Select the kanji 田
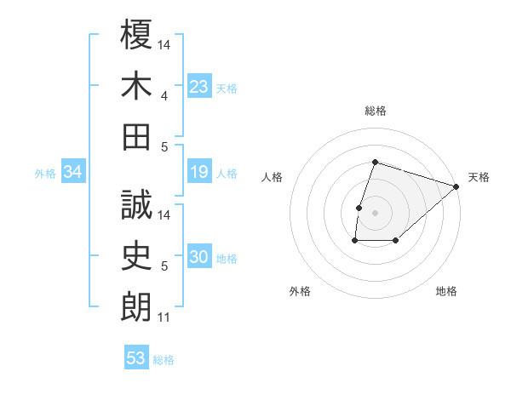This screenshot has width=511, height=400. [x=137, y=136]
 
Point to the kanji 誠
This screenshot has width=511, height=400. [x=137, y=205]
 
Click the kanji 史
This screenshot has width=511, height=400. [x=137, y=256]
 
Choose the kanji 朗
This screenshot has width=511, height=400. [x=137, y=307]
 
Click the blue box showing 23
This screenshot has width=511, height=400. [x=199, y=87]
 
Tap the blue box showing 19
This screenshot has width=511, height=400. [x=199, y=173]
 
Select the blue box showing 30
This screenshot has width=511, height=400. [x=199, y=258]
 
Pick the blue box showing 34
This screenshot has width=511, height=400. [x=73, y=173]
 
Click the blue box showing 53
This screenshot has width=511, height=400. [x=136, y=358]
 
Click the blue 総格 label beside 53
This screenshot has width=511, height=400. [x=164, y=360]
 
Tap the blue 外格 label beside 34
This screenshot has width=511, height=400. [x=45, y=174]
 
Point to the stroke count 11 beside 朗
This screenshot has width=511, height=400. [x=164, y=318]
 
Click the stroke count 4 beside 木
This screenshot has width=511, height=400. [x=164, y=96]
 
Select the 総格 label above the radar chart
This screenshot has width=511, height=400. [x=375, y=111]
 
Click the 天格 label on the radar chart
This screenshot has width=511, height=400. [x=479, y=177]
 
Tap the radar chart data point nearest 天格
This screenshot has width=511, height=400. [x=456, y=186]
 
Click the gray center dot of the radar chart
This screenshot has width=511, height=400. [x=375, y=213]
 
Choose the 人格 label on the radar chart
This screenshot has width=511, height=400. [x=272, y=177]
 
